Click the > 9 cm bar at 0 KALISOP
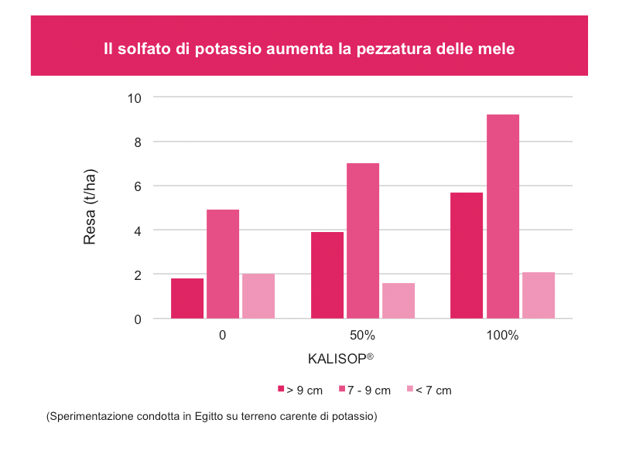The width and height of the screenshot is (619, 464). (187, 299)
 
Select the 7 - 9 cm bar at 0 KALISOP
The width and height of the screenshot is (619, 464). (223, 264)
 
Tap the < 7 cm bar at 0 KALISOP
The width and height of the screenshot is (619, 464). (258, 296)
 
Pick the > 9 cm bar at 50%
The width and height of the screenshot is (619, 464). (327, 275)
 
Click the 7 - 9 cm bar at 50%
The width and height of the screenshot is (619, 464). (363, 241)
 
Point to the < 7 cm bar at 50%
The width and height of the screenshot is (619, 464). (398, 301)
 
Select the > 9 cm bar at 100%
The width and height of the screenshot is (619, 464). (467, 255)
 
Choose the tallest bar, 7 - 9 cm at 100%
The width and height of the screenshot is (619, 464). (503, 217)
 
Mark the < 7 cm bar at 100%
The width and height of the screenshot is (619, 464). (539, 295)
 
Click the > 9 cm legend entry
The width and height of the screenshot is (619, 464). (300, 391)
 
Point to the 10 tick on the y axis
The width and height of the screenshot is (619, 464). (135, 97)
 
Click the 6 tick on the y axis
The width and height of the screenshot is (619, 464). (139, 186)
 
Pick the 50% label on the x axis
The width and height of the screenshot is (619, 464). (362, 336)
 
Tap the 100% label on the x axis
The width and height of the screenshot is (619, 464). (503, 336)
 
